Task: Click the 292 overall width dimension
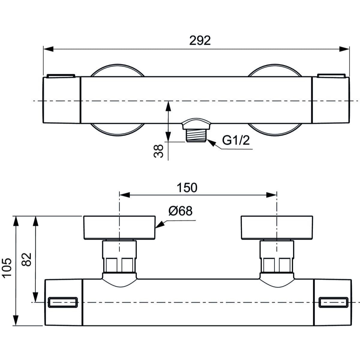click(200, 40)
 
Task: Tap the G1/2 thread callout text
click(236, 140)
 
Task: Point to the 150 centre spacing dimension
click(187, 188)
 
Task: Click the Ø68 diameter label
click(180, 211)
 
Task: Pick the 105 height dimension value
click(7, 268)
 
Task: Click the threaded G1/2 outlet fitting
click(196, 135)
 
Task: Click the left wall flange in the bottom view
click(119, 228)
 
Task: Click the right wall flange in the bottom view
click(277, 228)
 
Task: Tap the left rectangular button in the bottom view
click(63, 302)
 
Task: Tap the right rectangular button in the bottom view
click(334, 302)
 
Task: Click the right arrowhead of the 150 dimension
click(271, 195)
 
